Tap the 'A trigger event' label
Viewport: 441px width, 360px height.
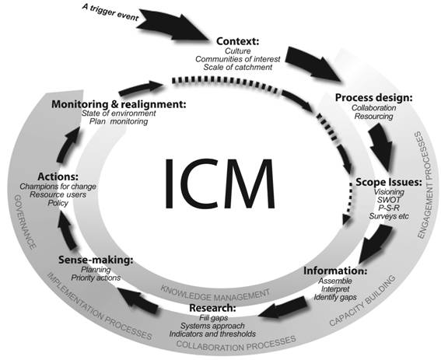point(110,12)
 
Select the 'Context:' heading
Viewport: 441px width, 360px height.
point(238,41)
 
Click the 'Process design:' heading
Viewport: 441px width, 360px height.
point(374,98)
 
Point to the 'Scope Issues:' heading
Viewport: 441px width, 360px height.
point(389,182)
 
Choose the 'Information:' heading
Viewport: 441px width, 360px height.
point(335,271)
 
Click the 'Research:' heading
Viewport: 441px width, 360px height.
point(212,308)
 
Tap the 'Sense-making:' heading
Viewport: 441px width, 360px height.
point(96,260)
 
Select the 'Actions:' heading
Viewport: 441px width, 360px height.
point(58,177)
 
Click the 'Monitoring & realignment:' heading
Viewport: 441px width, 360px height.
point(119,104)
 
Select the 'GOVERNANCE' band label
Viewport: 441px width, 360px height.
point(25,222)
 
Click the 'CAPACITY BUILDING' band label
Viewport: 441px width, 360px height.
point(362,300)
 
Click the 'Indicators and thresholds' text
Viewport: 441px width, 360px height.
point(212,334)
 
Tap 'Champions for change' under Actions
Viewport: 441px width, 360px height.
point(58,187)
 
